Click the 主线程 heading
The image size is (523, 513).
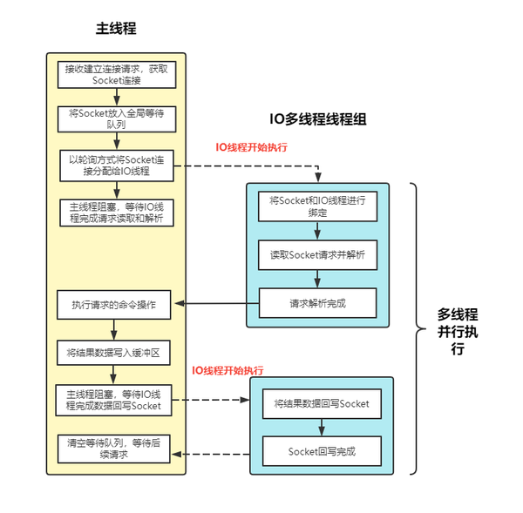click(x=116, y=29)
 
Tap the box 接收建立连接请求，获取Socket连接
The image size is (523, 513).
click(x=116, y=75)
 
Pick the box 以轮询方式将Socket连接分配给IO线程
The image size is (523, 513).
click(x=116, y=165)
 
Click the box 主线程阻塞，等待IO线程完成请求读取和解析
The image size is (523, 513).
click(x=116, y=213)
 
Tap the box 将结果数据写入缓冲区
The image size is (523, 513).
click(x=116, y=353)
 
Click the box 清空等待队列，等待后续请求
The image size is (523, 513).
click(x=116, y=449)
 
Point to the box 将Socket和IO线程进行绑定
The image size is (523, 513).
click(x=318, y=206)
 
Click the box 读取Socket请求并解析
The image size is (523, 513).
click(x=318, y=254)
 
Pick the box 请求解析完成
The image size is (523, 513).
click(x=318, y=303)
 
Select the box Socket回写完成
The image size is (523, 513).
click(x=322, y=451)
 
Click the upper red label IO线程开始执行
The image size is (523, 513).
click(x=252, y=146)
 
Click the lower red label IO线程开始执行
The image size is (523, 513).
click(x=228, y=370)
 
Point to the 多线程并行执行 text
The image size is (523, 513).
click(x=457, y=331)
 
